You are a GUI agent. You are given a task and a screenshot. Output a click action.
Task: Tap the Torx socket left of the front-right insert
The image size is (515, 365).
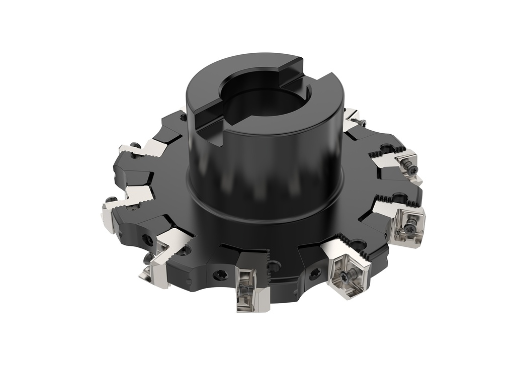pos(315,273)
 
